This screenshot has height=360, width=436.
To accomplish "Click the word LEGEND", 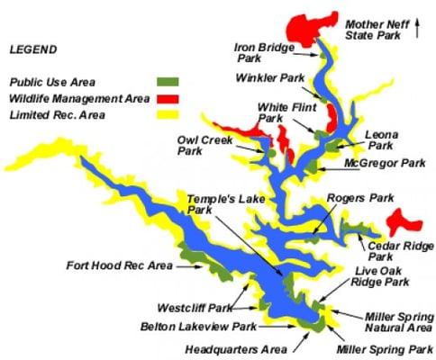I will pos(32,49).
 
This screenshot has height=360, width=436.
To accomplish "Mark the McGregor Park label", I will pos(385,163).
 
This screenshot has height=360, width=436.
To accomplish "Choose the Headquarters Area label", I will pos(236,348).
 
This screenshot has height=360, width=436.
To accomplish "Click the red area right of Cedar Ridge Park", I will pos(406,220).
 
